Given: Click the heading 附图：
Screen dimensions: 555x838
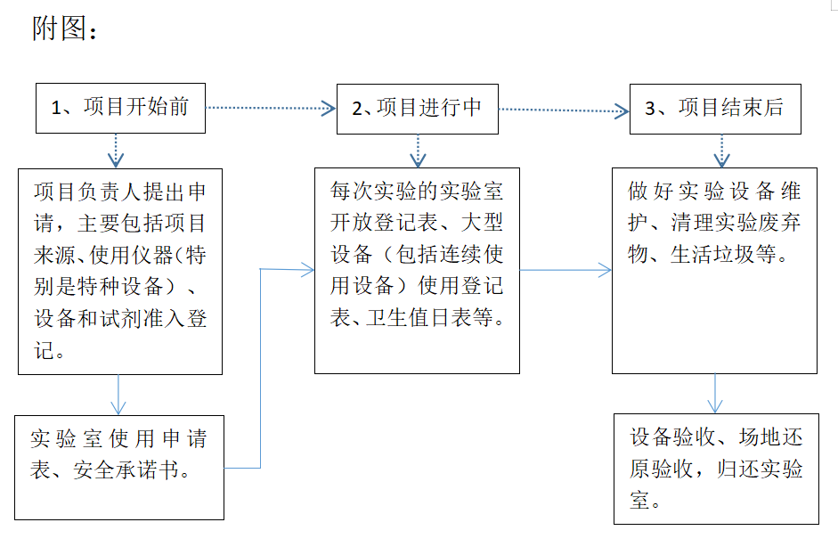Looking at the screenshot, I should [x=65, y=29].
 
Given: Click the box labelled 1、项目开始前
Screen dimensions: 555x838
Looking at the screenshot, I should [x=119, y=108].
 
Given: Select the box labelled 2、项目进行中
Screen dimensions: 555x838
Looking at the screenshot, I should [x=417, y=109].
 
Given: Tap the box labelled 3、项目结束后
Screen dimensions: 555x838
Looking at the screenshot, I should [x=714, y=109].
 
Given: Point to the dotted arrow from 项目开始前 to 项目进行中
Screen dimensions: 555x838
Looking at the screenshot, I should [x=271, y=108].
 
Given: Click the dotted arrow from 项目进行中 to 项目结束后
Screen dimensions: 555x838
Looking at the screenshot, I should [x=563, y=110].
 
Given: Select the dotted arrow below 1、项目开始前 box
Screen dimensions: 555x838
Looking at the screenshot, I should [x=116, y=150].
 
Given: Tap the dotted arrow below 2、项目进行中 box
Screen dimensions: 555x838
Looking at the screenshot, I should [x=418, y=151].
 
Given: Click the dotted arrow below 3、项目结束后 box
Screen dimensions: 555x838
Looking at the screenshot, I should [x=720, y=151].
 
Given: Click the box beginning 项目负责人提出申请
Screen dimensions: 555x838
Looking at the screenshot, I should [x=119, y=271].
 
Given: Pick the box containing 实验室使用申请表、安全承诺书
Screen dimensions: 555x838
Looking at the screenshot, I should [x=119, y=467].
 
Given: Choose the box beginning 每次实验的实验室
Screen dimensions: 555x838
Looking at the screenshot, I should [x=417, y=269].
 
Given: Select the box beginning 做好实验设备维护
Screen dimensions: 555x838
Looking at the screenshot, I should [x=714, y=269].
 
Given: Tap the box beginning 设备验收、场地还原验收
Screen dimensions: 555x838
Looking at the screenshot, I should [x=716, y=467].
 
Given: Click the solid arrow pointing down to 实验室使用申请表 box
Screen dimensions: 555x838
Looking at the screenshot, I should [x=119, y=395].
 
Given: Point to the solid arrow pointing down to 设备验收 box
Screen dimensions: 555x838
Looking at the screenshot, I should [x=715, y=393].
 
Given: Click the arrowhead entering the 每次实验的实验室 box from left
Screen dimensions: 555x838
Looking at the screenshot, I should [x=308, y=269].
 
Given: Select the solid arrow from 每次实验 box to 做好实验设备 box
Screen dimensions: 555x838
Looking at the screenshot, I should [x=565, y=270].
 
